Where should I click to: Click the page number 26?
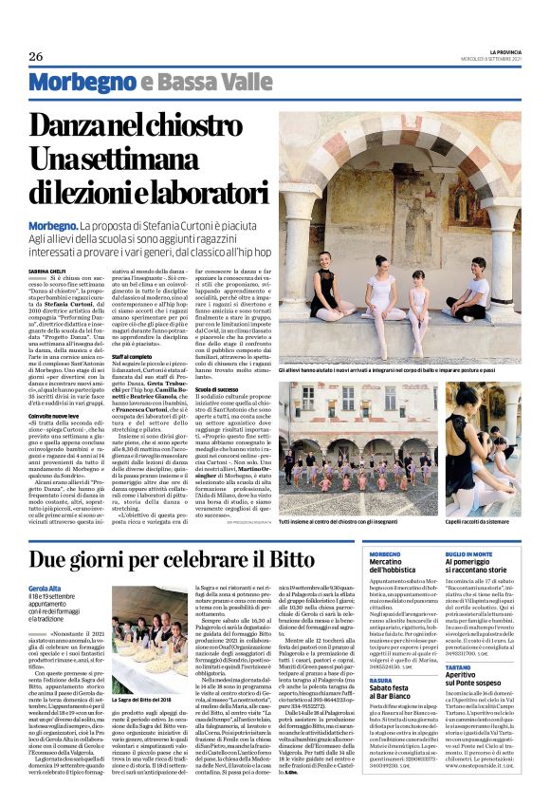point(36,56)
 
